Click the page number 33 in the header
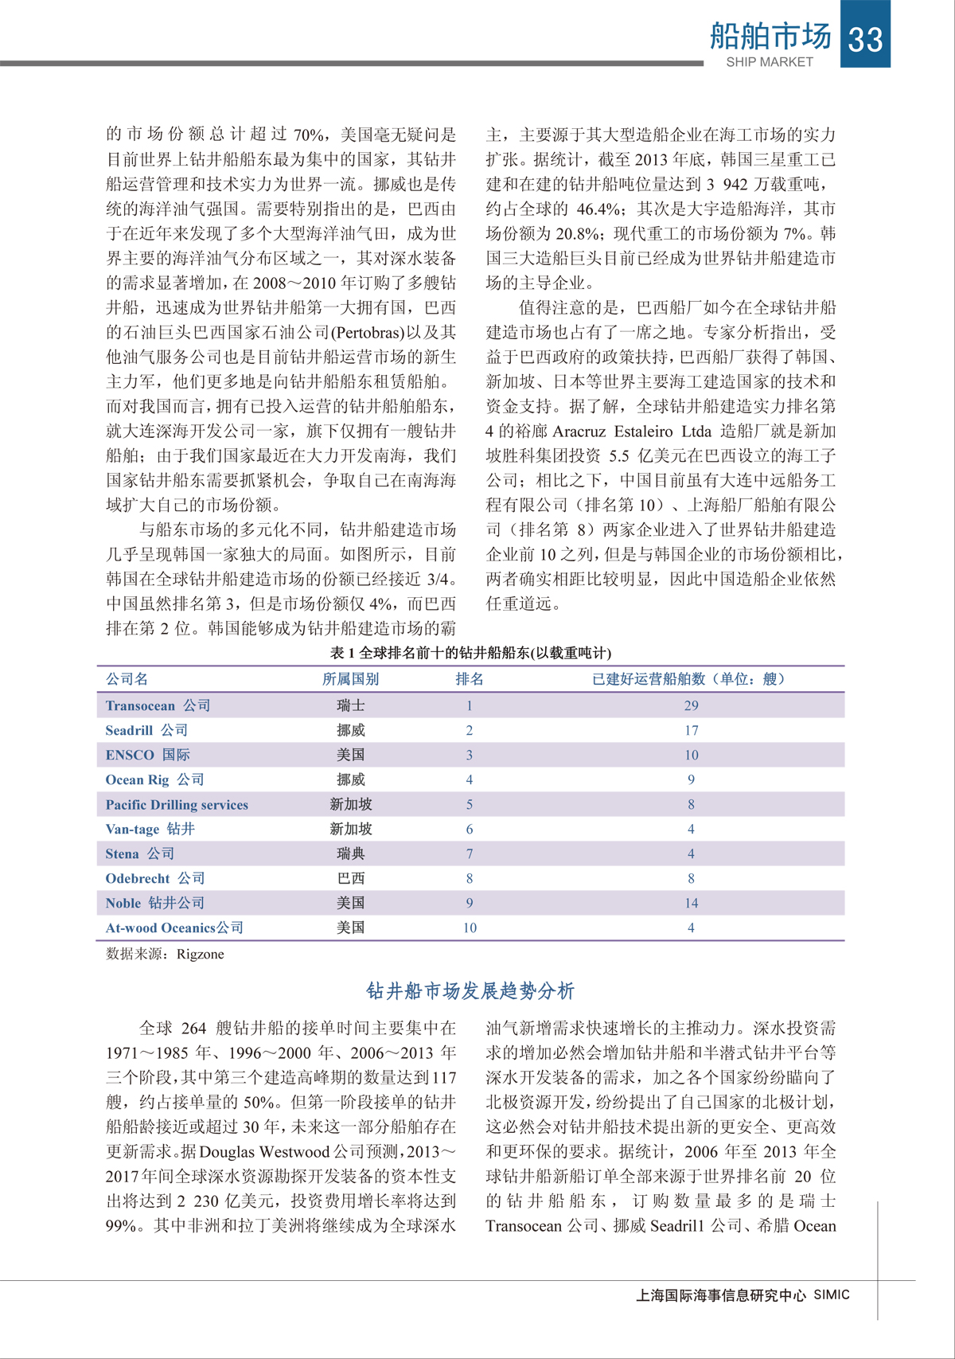coord(865,38)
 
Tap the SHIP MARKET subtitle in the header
coord(769,62)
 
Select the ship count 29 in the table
coord(691,705)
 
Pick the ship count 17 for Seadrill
coord(691,730)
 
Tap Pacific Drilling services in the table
coord(177,805)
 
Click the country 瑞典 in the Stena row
coord(350,853)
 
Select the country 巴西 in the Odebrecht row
coord(350,878)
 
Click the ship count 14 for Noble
coord(691,903)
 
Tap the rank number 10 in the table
coord(470,927)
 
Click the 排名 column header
coord(470,679)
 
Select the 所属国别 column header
coord(350,679)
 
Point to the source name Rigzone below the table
coord(200,954)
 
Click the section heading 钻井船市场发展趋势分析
coord(470,991)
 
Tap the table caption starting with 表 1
coord(470,653)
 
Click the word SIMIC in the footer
coord(831,1295)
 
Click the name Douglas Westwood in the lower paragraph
coord(264,1152)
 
